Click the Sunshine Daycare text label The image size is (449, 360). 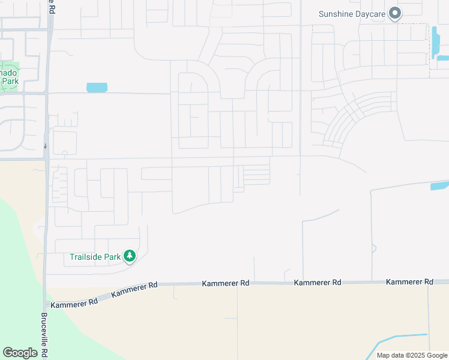tap(352, 14)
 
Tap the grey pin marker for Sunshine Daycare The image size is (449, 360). tap(395, 13)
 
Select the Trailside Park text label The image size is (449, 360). tap(95, 257)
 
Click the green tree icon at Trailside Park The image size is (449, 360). tap(130, 256)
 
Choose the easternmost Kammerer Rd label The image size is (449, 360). tap(409, 281)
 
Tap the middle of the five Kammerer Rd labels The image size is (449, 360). tap(225, 283)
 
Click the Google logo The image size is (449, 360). tap(20, 353)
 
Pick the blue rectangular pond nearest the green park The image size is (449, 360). tap(97, 88)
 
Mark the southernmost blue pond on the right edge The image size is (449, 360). tap(439, 186)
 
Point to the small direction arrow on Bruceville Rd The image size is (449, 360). tap(46, 146)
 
